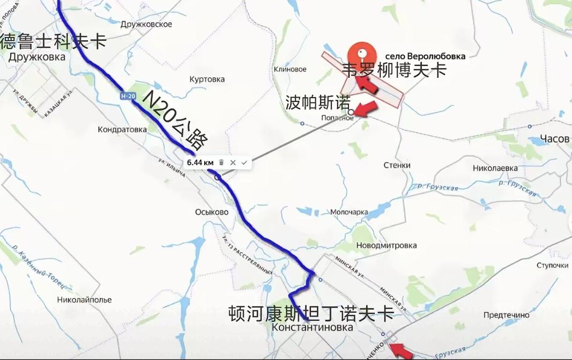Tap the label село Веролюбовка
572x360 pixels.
[425, 56]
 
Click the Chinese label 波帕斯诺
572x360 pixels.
[317, 102]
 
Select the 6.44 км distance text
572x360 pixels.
[200, 162]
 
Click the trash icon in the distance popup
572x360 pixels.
[221, 162]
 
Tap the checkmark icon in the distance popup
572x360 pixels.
[244, 162]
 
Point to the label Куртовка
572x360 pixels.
[207, 79]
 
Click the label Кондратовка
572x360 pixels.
[122, 129]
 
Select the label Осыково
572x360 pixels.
[212, 212]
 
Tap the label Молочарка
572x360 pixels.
[349, 212]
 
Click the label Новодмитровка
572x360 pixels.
[386, 245]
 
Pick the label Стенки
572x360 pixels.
[397, 165]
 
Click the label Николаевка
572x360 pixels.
[495, 168]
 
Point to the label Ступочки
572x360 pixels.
[552, 266]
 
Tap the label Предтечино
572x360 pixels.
[506, 315]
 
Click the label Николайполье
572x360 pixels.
[84, 299]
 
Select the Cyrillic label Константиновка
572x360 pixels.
[313, 327]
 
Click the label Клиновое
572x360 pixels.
[290, 69]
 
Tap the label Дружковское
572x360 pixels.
[146, 24]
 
